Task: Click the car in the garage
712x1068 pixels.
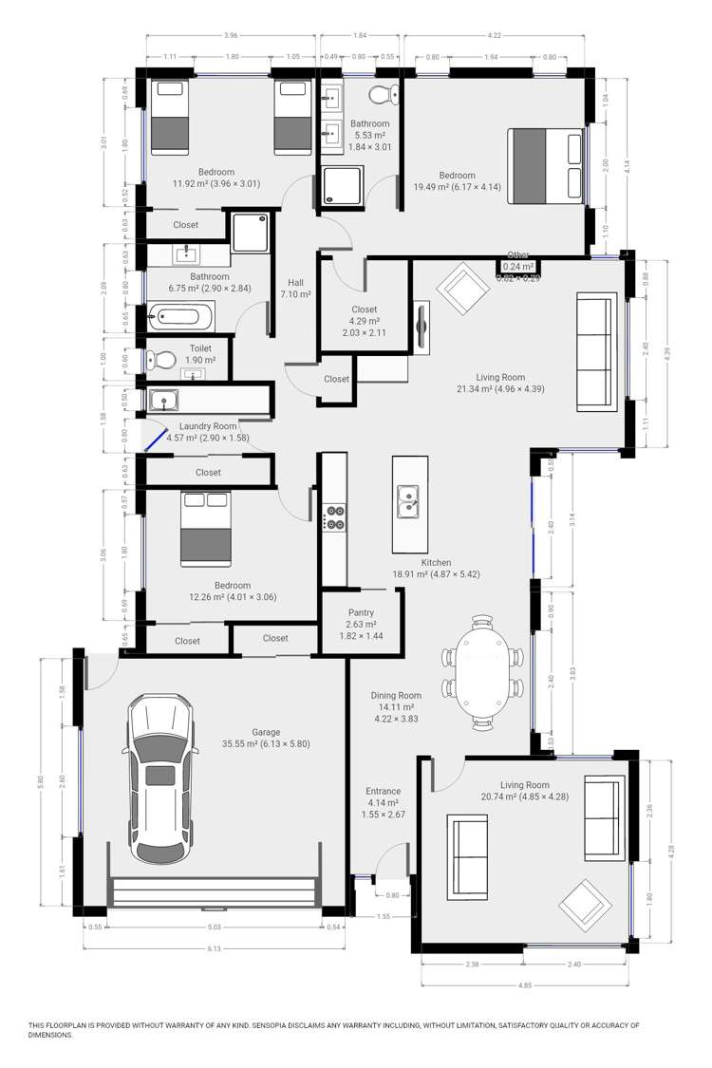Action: (x=162, y=780)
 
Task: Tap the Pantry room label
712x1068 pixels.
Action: (x=361, y=612)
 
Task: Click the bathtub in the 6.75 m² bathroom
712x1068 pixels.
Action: (x=180, y=316)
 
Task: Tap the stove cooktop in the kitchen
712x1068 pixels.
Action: (x=334, y=516)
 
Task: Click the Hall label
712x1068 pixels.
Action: (x=296, y=283)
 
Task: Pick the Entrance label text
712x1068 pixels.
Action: (x=383, y=791)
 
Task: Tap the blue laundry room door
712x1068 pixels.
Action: (x=151, y=437)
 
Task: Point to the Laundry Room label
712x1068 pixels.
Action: (x=201, y=426)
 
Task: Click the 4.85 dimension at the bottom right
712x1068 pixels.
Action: (x=525, y=985)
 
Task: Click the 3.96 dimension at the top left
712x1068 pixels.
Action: (x=231, y=36)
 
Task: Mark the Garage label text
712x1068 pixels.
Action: (x=265, y=731)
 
